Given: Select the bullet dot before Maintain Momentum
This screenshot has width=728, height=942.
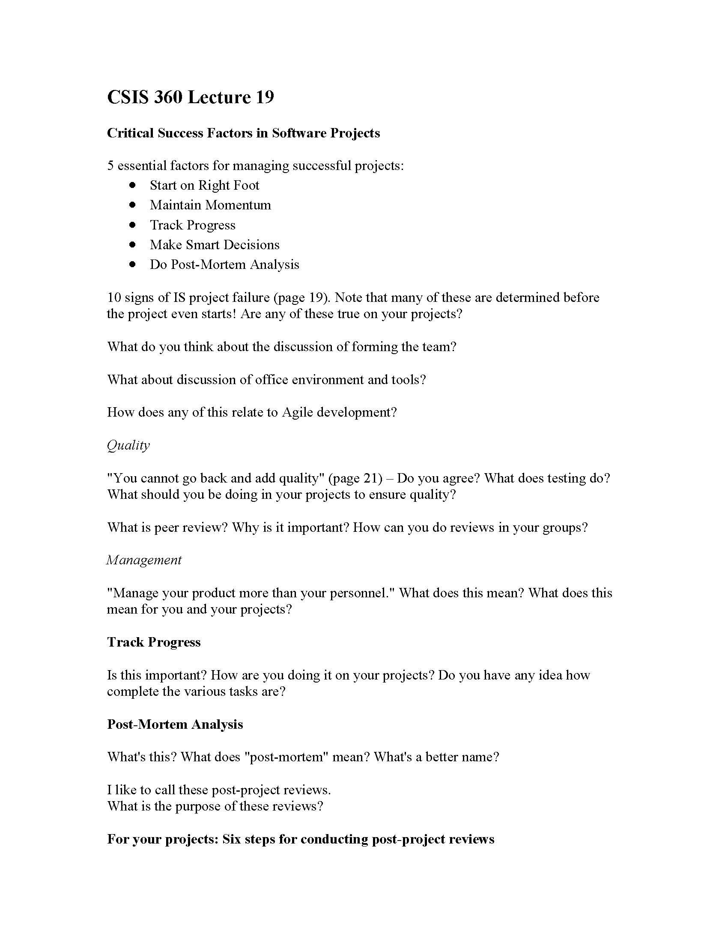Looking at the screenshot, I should (132, 205).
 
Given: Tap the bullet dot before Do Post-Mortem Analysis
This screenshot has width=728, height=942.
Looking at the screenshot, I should (132, 264).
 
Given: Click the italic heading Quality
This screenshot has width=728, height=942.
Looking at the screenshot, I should (128, 445).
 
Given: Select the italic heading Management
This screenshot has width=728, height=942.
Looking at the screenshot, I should (144, 560).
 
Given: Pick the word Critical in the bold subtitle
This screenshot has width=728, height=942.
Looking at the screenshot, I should (130, 133).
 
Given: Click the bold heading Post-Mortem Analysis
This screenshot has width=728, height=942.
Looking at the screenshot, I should (175, 724).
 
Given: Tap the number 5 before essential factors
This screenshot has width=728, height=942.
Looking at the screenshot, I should (110, 166).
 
